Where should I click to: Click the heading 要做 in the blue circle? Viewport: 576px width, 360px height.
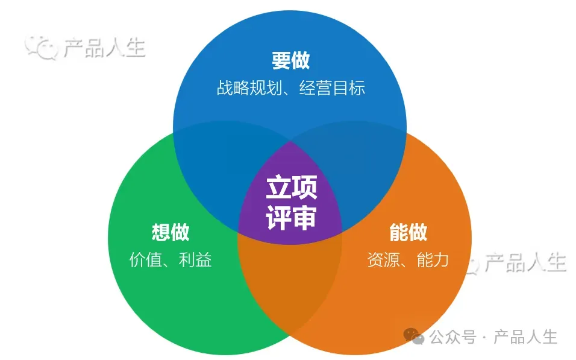point(290,61)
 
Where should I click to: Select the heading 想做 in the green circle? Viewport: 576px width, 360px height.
point(171,232)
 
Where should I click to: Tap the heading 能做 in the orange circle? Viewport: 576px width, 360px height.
point(408,232)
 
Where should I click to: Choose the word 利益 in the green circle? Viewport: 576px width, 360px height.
point(195,260)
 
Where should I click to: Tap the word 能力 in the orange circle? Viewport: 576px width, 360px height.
point(433,260)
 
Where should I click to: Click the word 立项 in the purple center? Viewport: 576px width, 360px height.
point(291,188)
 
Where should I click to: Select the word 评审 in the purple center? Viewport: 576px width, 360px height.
point(291,218)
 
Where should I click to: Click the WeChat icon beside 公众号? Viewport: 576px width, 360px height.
point(414,336)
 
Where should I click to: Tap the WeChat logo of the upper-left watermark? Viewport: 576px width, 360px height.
point(40,47)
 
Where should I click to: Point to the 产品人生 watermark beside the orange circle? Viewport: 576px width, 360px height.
point(525,263)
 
